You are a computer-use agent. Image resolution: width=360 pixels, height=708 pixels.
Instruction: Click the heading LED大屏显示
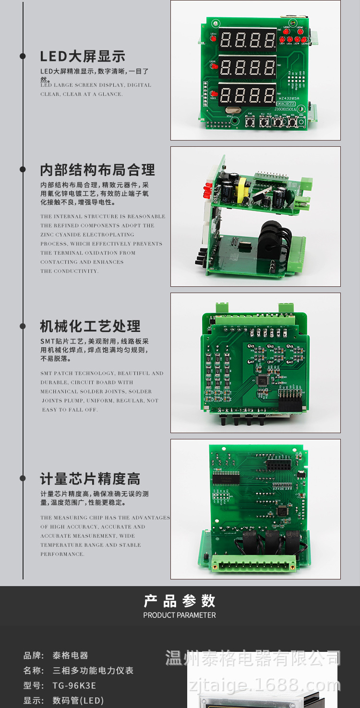click(82, 56)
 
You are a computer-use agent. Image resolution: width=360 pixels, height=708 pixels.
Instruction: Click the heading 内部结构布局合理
click(97, 170)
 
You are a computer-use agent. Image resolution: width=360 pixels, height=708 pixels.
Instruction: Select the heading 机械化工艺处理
click(90, 326)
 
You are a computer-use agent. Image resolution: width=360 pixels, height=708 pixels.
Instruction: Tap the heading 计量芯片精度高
click(90, 479)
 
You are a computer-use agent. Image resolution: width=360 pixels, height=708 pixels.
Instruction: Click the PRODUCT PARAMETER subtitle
click(180, 615)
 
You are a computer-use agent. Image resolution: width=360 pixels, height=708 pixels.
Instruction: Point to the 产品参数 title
click(180, 601)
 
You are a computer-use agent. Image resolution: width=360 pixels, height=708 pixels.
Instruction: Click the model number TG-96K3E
click(74, 685)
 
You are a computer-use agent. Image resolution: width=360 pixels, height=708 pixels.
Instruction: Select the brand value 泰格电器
click(70, 655)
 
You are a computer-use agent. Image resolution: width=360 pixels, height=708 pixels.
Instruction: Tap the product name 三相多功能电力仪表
click(93, 670)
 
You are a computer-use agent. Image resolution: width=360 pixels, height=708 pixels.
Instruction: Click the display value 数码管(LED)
click(78, 700)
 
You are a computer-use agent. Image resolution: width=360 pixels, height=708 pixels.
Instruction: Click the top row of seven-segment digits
click(248, 39)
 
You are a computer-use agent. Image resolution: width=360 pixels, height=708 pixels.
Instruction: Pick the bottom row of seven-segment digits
click(248, 94)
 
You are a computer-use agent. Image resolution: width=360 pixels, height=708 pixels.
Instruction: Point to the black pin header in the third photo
click(290, 401)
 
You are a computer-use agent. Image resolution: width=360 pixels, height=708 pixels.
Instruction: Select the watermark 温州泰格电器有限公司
click(253, 658)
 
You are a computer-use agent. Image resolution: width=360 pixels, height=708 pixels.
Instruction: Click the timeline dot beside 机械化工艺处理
click(23, 326)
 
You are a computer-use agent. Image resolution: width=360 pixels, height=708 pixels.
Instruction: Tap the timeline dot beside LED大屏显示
click(23, 56)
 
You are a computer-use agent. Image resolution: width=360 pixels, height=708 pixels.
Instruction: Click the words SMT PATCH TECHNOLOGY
click(77, 373)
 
